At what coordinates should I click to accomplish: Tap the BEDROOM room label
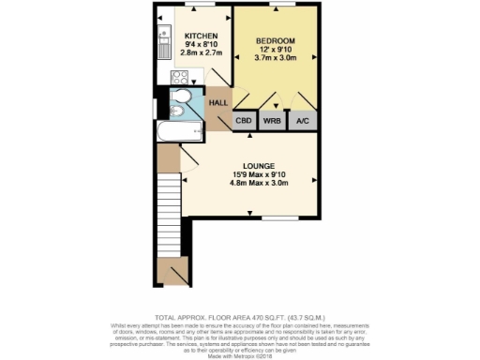(x=276, y=41)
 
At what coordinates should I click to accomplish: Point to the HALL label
(x=218, y=103)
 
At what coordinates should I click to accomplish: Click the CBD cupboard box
(x=244, y=121)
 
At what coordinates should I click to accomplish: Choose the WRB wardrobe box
(x=273, y=121)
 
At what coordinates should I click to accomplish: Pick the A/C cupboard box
(x=304, y=121)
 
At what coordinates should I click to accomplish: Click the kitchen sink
(x=162, y=41)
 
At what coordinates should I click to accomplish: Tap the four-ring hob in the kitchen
(x=177, y=78)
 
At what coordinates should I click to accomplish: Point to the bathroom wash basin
(x=176, y=112)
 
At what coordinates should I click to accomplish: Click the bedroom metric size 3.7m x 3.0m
(x=276, y=60)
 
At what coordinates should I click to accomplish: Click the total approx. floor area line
(x=239, y=319)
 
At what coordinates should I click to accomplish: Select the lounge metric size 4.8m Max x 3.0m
(x=250, y=183)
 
